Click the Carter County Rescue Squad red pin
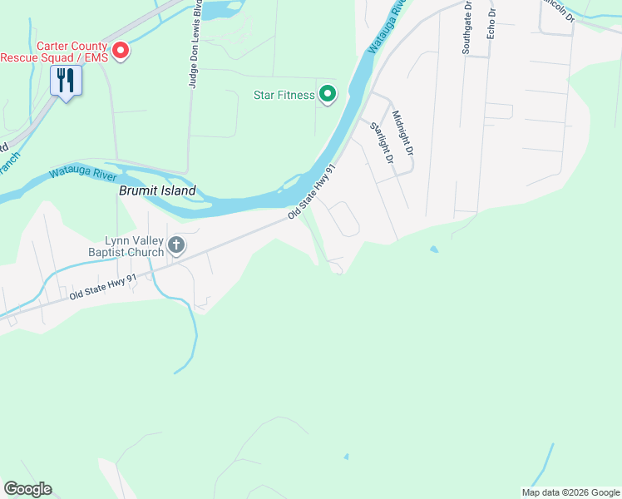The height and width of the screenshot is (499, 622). tap(121, 52)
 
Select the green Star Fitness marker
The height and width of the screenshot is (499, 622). tap(328, 95)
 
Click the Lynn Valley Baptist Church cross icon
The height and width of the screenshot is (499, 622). tap(175, 245)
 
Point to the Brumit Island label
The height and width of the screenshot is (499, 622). tap(157, 190)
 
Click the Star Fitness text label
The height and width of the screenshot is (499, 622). tap(284, 95)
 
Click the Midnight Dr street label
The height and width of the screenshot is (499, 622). tap(402, 133)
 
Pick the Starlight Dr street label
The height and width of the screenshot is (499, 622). tap(381, 141)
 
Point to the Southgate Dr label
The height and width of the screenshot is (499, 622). tap(466, 28)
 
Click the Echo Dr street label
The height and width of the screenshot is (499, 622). tap(491, 22)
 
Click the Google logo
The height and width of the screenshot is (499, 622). tap(27, 489)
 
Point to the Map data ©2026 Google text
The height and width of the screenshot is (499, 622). tap(570, 492)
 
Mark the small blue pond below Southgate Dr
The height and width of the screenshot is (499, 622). tap(433, 249)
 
